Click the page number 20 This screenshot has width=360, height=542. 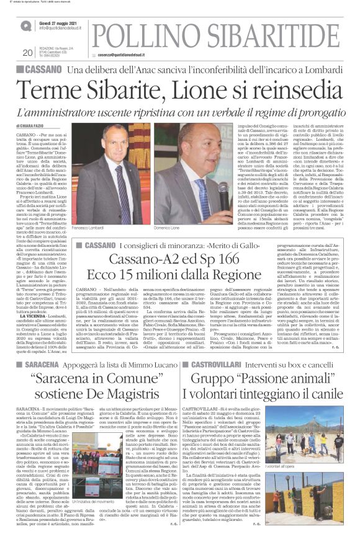26,52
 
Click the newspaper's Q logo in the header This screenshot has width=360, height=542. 27,26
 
